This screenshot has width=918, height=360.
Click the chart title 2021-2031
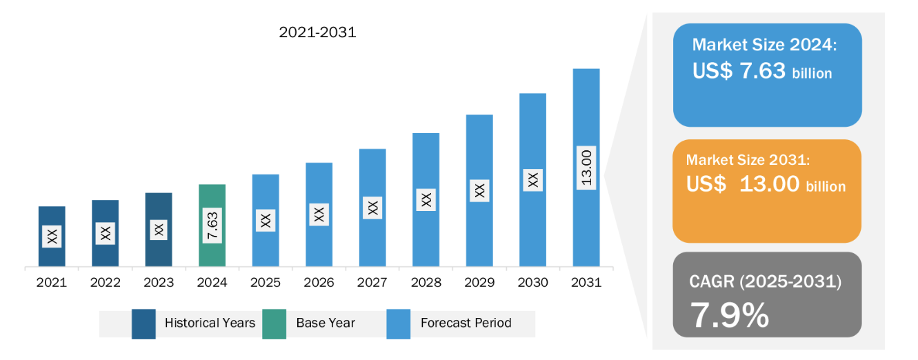tap(318, 32)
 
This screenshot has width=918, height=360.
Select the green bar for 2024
tap(212, 226)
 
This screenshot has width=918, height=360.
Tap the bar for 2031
tap(586, 168)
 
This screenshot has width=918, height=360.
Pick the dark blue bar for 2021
tap(52, 237)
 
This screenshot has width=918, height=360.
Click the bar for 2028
tap(426, 200)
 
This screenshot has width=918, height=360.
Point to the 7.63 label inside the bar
tap(212, 226)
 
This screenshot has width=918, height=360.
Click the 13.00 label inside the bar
tap(586, 168)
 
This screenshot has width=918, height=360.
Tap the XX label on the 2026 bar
tap(319, 214)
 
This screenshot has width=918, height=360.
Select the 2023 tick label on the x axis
tap(159, 283)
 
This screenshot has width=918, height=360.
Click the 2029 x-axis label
tap(479, 283)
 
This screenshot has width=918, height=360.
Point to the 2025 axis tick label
tap(266, 283)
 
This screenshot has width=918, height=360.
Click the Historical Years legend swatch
tap(143, 324)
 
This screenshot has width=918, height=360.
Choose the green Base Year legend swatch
tap(275, 324)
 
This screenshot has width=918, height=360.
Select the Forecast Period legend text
tap(466, 323)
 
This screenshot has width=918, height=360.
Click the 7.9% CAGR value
tap(730, 315)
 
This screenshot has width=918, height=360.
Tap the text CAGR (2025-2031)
tap(765, 281)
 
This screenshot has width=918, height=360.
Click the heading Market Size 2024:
tap(764, 45)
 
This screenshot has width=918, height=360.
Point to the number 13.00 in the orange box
tap(769, 183)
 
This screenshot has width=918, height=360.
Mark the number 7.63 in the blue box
tap(763, 70)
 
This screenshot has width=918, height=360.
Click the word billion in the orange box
tap(826, 187)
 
